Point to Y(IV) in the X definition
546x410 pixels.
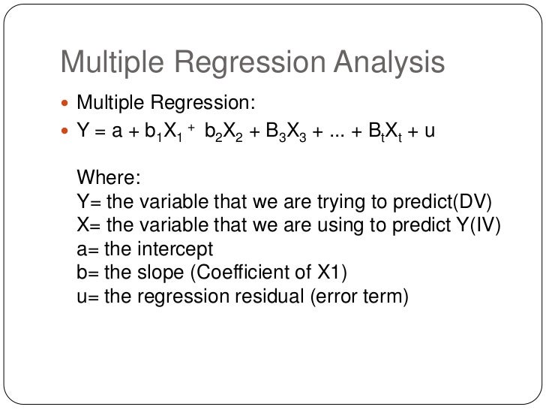pos(475,226)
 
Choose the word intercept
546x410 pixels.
pos(173,249)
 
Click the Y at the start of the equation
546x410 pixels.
pos(82,131)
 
